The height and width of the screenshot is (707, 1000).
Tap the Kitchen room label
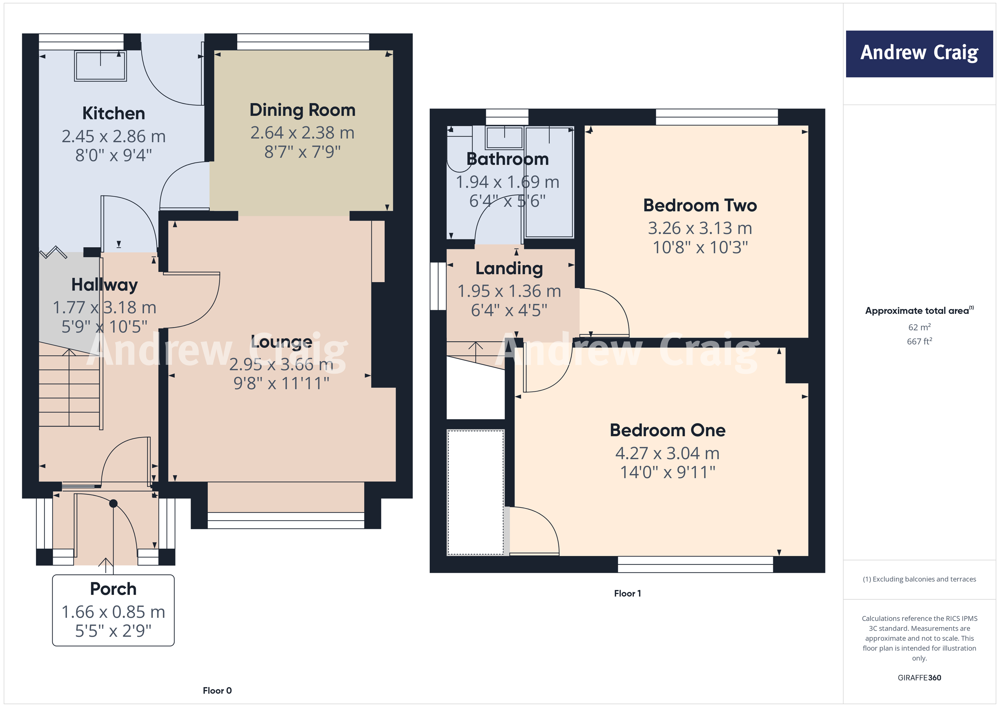click(113, 114)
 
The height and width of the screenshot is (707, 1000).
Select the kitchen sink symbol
click(100, 66)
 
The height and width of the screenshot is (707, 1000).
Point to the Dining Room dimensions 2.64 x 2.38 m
click(302, 133)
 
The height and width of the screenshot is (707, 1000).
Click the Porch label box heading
click(113, 589)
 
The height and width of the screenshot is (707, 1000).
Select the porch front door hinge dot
click(113, 504)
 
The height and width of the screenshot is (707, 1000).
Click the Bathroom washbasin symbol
click(504, 138)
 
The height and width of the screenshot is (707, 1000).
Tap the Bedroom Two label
click(700, 205)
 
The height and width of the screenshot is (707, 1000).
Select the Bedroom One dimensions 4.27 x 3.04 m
click(667, 453)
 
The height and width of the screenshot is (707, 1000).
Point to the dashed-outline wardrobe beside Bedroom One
click(476, 492)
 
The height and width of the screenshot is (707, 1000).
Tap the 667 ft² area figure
click(919, 341)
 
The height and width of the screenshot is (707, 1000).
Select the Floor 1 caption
click(627, 593)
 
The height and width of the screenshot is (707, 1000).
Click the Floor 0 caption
click(217, 690)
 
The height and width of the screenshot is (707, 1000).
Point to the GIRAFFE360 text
click(919, 677)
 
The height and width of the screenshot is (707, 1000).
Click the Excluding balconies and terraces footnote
click(919, 579)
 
